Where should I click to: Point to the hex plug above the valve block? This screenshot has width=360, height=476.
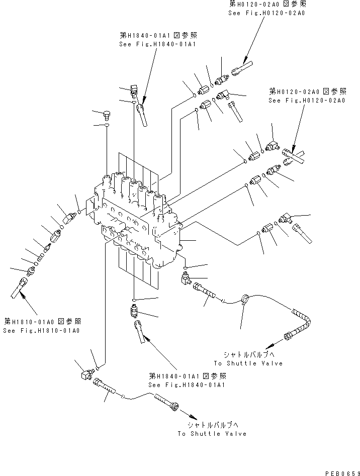pyautogui.click(x=107, y=115)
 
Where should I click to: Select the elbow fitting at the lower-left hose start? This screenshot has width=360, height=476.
pyautogui.click(x=85, y=374)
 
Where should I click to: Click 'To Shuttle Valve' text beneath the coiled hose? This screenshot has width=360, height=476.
pyautogui.click(x=248, y=363)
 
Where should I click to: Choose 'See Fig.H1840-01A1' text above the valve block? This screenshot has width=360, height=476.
pyautogui.click(x=157, y=44)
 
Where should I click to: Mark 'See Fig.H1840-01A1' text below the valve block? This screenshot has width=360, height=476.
pyautogui.click(x=187, y=385)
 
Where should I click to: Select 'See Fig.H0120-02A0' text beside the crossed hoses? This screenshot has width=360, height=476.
pyautogui.click(x=306, y=101)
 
